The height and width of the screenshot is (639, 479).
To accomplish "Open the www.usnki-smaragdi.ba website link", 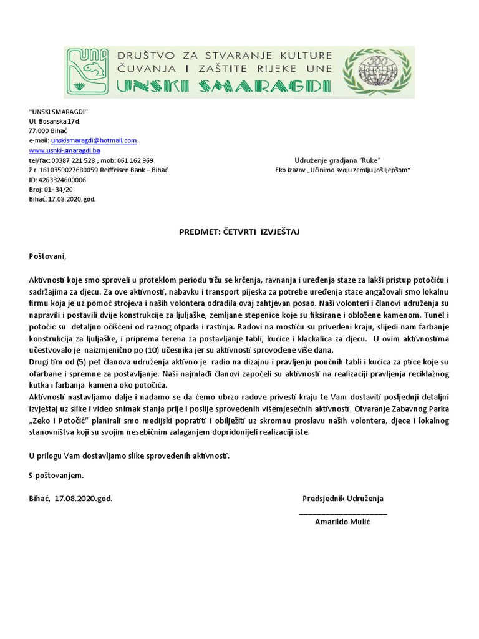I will [65, 150].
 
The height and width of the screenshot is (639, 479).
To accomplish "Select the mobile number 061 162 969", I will [136, 160].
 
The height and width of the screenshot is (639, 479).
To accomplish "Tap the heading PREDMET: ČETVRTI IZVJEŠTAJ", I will [239, 232].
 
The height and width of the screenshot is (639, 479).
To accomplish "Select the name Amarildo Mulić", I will [342, 521].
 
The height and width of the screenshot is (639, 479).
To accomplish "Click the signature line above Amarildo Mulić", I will [343, 511].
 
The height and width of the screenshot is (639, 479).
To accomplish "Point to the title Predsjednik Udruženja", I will [343, 499].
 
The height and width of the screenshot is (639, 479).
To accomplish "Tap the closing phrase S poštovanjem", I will [56, 476].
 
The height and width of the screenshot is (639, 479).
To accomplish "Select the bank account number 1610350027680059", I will [69, 170].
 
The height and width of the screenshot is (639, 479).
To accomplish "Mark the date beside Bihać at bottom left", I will [84, 499].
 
